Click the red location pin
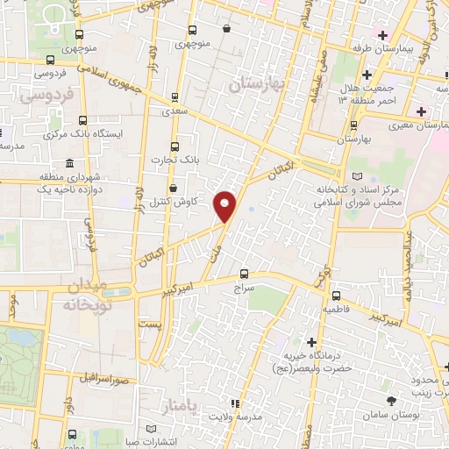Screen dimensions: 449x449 coord(225,205)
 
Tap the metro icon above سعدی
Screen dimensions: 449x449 coord(175,97)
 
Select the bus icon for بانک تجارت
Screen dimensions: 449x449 coord(174,146)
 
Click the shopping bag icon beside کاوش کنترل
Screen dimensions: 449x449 coord(173,188)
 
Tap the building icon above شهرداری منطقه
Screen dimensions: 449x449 coord(69,164)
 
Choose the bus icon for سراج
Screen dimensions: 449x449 coord(244,273)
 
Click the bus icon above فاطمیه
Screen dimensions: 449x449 coord(336,295)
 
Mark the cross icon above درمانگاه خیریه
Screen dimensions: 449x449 coord(312,341)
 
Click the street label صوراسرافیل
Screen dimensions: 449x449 coord(103,381)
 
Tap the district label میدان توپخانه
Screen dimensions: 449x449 coord(83,296)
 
